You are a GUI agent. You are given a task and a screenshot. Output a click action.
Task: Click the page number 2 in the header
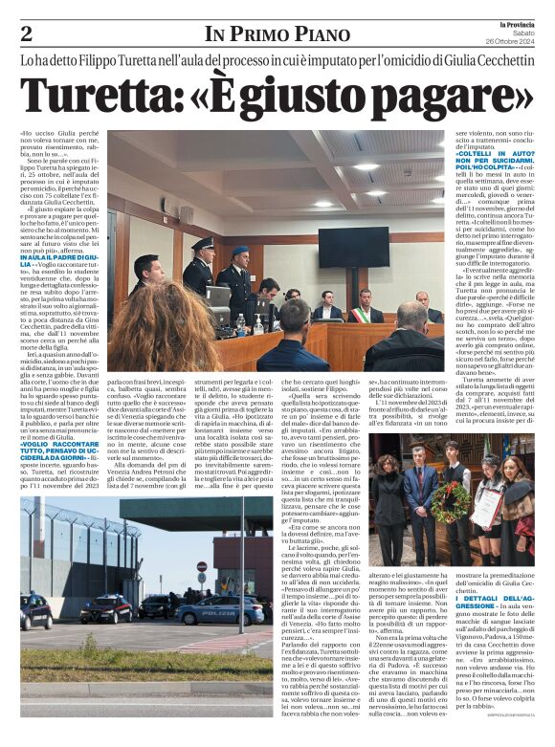coord(27,33)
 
